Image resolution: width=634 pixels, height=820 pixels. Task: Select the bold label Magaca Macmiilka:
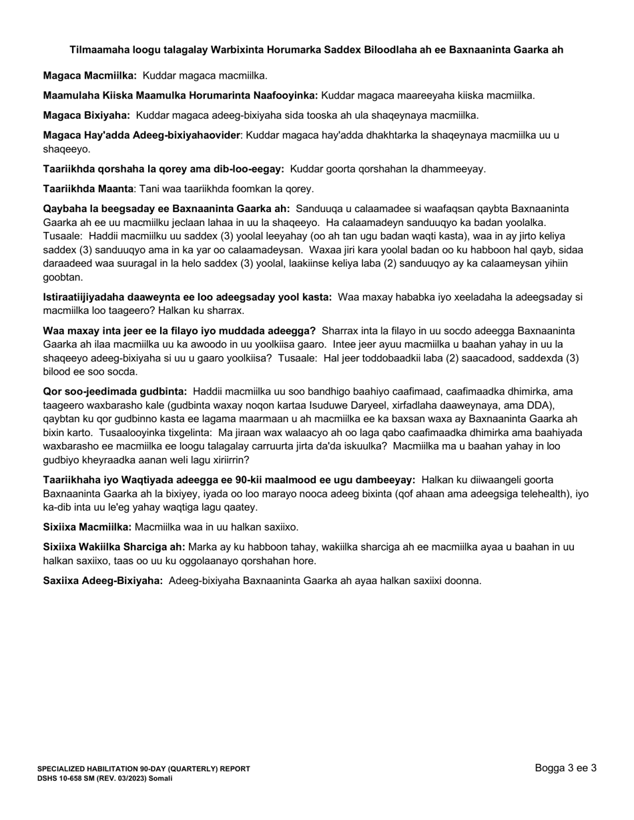90,76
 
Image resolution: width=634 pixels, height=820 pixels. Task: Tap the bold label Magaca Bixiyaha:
87,115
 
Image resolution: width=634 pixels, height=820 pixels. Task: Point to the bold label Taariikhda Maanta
88,189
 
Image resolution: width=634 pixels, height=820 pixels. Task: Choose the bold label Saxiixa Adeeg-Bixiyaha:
103,581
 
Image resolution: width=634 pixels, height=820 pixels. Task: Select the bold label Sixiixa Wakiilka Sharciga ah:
114,547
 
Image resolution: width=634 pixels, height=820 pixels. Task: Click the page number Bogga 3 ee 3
565,768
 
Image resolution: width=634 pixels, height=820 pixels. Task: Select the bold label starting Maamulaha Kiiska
180,95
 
